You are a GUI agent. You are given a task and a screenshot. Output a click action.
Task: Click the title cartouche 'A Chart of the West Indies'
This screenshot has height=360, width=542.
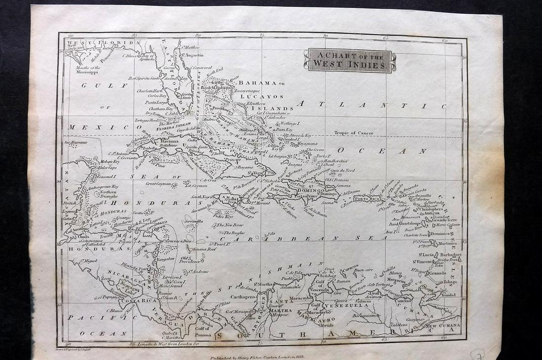click(x=350, y=61)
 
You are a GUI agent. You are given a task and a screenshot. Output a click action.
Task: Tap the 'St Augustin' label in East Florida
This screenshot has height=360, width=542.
click(x=193, y=55)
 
